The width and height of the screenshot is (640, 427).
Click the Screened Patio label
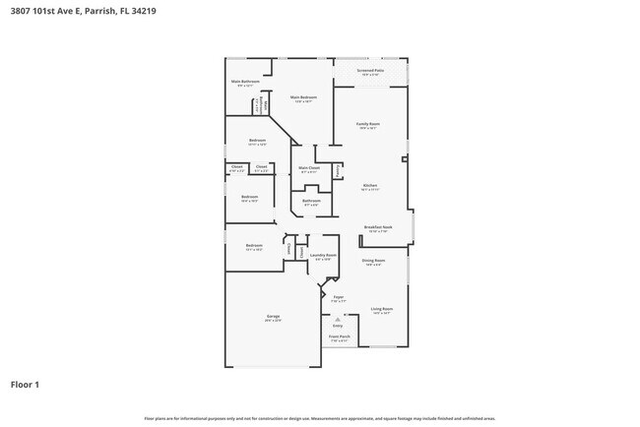[x=371, y=72]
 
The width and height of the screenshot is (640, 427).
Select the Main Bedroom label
[x=303, y=98]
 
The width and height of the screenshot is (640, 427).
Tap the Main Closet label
[x=309, y=168]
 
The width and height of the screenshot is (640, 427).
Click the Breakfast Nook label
[x=378, y=228]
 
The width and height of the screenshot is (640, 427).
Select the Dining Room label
[x=373, y=261]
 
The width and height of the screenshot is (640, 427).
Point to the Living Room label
[x=382, y=310]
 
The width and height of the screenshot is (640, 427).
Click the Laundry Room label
[x=323, y=257]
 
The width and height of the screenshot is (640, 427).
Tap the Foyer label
[x=337, y=295]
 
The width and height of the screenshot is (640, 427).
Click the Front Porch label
[x=339, y=337]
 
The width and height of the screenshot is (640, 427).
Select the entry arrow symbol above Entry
[x=338, y=318]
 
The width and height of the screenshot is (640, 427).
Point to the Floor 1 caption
[x=25, y=384]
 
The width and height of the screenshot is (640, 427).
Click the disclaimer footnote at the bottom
[x=320, y=418]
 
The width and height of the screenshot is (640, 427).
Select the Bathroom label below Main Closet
[x=311, y=202]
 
